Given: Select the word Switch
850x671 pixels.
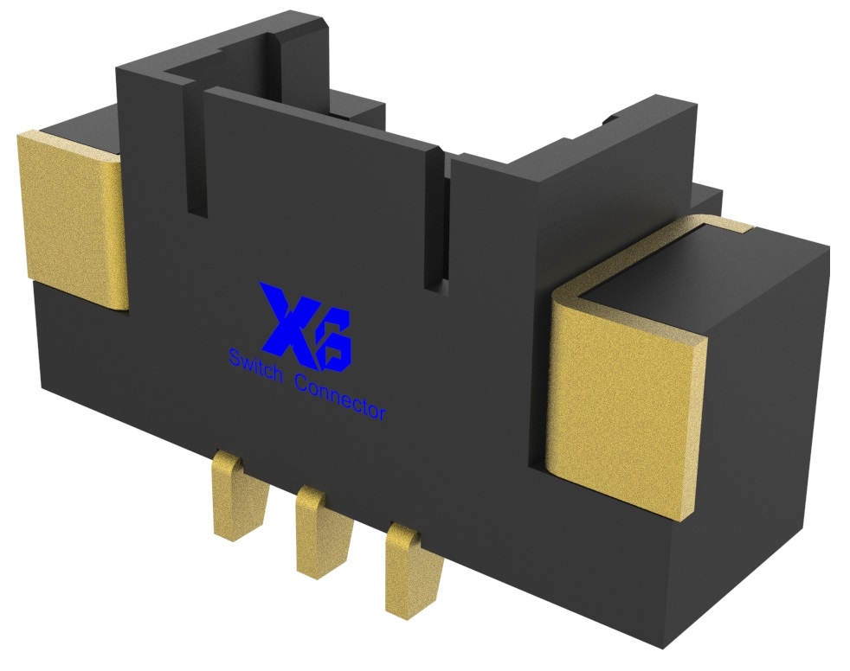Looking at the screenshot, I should [x=256, y=364].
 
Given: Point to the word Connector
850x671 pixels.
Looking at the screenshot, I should [x=341, y=395].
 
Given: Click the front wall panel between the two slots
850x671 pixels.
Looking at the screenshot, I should [x=320, y=190].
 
